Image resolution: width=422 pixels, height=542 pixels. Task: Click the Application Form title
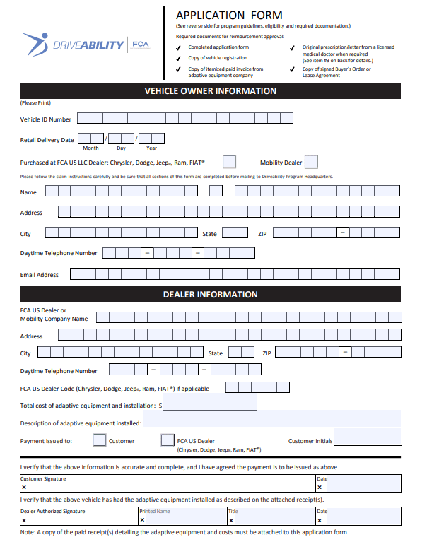click(229, 15)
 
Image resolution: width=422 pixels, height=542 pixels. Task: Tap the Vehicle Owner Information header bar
click(211, 91)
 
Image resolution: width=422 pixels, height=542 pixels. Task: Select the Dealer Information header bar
click(211, 294)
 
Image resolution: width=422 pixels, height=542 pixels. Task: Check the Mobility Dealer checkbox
click(311, 162)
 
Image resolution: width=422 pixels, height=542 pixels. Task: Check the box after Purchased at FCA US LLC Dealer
click(229, 162)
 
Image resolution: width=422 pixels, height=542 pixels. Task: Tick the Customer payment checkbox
click(100, 441)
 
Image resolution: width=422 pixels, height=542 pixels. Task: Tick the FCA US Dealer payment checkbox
click(168, 441)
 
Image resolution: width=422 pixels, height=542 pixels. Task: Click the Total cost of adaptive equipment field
click(209, 406)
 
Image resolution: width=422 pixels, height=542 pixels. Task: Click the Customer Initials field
click(366, 440)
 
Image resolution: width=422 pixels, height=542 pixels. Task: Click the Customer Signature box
click(168, 484)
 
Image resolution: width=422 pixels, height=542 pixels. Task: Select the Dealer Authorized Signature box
click(78, 517)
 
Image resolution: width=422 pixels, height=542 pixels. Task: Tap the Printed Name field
click(182, 517)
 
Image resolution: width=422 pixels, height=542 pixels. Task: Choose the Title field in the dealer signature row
click(270, 517)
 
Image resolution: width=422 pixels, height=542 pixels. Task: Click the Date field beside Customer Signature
click(358, 484)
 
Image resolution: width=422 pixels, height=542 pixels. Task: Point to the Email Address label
click(40, 275)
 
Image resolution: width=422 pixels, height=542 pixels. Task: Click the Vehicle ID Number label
click(46, 119)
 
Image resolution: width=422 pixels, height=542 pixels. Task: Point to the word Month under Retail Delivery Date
click(90, 148)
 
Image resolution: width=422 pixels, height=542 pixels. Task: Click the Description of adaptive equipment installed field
click(272, 423)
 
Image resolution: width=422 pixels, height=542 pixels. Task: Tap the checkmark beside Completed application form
click(179, 47)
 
